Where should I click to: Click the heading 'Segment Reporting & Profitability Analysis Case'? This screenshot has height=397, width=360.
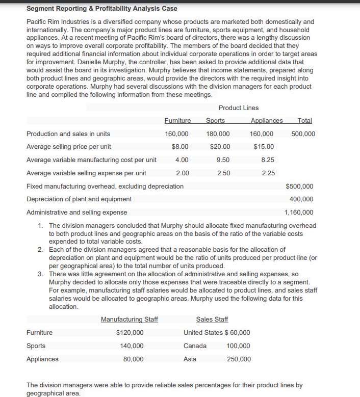102,9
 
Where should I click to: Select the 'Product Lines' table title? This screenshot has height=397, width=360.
238,108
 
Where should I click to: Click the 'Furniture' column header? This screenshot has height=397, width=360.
177,121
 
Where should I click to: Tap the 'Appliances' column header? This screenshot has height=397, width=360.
267,121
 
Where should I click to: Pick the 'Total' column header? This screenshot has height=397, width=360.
304,121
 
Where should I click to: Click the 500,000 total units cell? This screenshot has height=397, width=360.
303,134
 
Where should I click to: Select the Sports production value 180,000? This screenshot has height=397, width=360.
218,134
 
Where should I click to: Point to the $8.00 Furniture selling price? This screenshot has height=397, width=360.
181,147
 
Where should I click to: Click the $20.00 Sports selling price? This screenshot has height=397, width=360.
220,147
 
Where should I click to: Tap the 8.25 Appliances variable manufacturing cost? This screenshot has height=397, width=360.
268,160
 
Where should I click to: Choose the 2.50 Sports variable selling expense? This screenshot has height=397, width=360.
223,173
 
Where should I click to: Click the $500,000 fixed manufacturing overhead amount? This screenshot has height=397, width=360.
299,186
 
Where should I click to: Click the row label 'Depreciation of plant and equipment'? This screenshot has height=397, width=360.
79,199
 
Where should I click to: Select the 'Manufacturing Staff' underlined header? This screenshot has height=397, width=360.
130,320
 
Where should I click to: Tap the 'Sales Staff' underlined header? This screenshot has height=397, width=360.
212,320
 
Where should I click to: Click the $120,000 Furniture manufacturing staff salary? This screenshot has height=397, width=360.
130,333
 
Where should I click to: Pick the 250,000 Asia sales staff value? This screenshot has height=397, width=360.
239,359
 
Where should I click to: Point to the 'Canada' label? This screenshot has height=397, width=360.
195,346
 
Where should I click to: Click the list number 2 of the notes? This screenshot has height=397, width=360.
40,250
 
